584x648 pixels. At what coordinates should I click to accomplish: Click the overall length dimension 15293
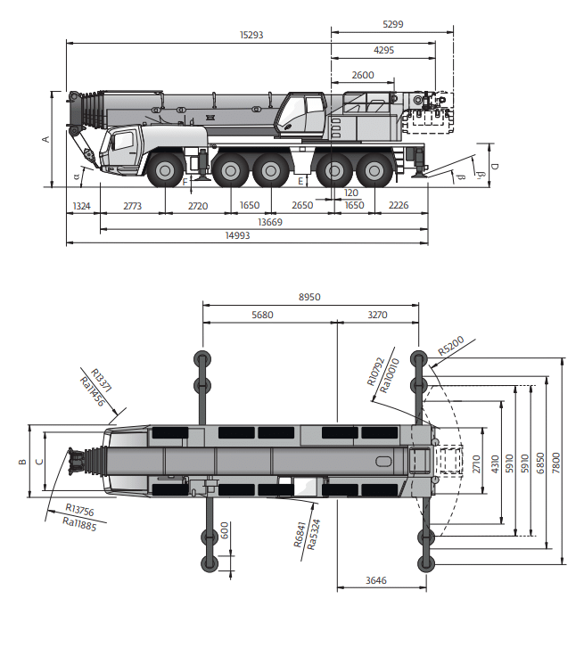tap(252, 36)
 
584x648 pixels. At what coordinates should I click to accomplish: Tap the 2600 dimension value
tap(363, 76)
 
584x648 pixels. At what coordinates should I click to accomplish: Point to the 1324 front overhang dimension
tap(82, 206)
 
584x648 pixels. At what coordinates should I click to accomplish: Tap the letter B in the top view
tap(21, 462)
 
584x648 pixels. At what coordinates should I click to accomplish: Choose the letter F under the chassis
tap(185, 182)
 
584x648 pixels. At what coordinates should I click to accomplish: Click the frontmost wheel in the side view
tap(165, 169)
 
